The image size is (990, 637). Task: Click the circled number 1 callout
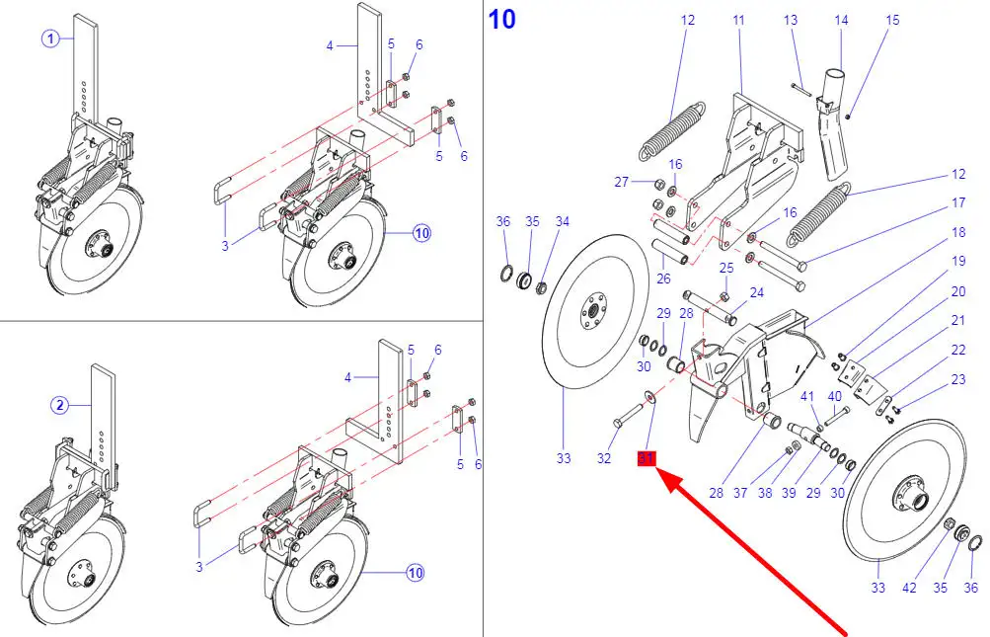pyautogui.click(x=51, y=39)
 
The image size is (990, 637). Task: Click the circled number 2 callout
pyautogui.click(x=59, y=404)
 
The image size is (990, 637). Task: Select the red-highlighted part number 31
pyautogui.click(x=647, y=458)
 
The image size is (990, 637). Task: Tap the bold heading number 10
pyautogui.click(x=501, y=19)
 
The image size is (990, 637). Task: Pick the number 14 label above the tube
pyautogui.click(x=841, y=20)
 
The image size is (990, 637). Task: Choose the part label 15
pyautogui.click(x=892, y=20)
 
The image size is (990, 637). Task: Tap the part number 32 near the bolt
pyautogui.click(x=604, y=458)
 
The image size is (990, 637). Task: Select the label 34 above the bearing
pyautogui.click(x=563, y=222)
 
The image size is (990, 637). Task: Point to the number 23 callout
pyautogui.click(x=958, y=380)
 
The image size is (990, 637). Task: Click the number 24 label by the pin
pyautogui.click(x=756, y=292)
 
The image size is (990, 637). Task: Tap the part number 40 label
pyautogui.click(x=834, y=396)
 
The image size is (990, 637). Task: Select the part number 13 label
pyautogui.click(x=791, y=20)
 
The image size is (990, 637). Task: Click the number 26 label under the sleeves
pyautogui.click(x=663, y=279)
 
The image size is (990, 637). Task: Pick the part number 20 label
pyautogui.click(x=958, y=291)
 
